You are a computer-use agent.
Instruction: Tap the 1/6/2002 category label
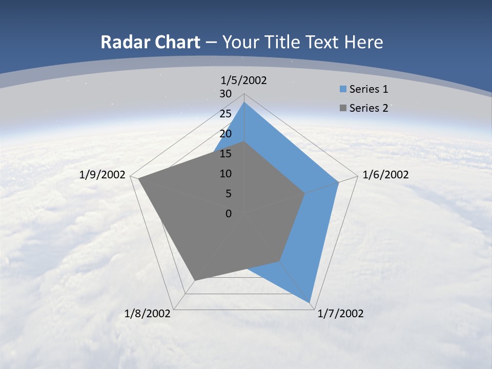click(385, 175)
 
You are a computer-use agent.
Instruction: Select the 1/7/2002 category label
click(341, 314)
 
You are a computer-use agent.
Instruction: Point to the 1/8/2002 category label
click(148, 314)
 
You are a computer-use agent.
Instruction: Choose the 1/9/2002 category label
click(102, 175)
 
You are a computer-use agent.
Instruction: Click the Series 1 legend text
click(368, 89)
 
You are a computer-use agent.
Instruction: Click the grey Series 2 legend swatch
click(343, 108)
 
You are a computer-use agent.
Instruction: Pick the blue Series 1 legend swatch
click(343, 89)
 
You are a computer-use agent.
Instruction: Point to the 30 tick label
click(225, 94)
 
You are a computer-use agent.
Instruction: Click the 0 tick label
click(229, 213)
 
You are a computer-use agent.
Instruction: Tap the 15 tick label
click(225, 154)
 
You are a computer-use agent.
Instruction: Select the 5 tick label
click(229, 193)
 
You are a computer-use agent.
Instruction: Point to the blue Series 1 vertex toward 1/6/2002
click(339, 182)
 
